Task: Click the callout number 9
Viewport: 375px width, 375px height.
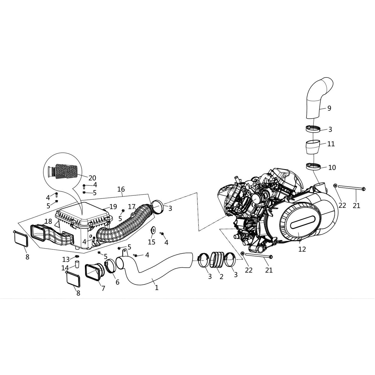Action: [x=329, y=108]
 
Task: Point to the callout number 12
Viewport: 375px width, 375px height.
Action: [x=302, y=249]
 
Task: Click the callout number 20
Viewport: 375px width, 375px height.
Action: [x=92, y=178]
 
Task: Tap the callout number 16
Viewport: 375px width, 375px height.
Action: [x=121, y=189]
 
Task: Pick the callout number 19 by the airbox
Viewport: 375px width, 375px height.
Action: [x=113, y=206]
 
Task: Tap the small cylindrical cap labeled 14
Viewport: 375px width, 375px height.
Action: [x=77, y=264]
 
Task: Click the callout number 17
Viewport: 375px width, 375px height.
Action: [x=132, y=207]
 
